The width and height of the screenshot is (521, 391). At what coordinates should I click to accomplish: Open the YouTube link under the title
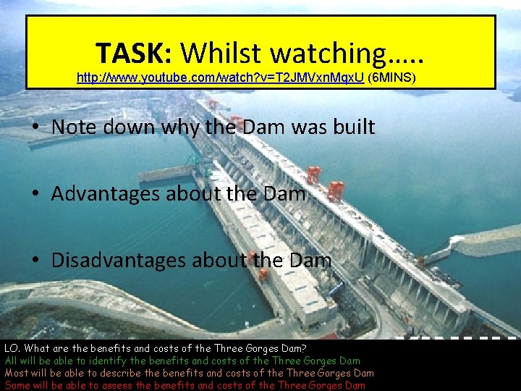pos(220,75)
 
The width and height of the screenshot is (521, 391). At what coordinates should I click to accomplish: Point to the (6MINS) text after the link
pos(391,75)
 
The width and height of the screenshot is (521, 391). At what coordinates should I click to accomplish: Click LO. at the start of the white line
pos(12,348)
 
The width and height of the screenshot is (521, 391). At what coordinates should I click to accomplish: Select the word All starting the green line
pos(12,361)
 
